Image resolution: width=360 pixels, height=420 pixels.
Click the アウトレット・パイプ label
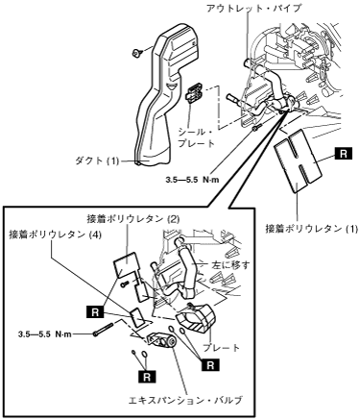[x=253, y=9]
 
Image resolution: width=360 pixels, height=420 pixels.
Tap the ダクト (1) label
[x=96, y=161]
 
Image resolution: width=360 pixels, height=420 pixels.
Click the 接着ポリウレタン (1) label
[x=311, y=229]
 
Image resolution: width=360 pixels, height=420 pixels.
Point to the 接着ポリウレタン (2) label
[x=133, y=219]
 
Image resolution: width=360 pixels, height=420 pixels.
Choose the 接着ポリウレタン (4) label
[x=55, y=235]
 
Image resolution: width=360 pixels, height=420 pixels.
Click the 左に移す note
[x=230, y=265]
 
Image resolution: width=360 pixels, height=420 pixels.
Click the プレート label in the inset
[x=221, y=347]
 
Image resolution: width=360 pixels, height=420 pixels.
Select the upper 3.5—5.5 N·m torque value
[x=192, y=180]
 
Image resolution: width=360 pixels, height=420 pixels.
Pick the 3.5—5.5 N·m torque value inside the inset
[x=45, y=334]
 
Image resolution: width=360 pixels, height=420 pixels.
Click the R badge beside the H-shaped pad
[x=343, y=154]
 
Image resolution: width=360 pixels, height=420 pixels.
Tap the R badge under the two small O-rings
[x=147, y=377]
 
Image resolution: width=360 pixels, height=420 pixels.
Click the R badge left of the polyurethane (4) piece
[x=95, y=312]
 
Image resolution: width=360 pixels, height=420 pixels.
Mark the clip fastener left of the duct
[x=137, y=52]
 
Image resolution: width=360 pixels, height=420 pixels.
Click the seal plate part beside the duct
[x=193, y=92]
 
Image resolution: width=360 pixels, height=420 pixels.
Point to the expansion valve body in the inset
[x=162, y=340]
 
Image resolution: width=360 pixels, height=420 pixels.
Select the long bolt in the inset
[x=104, y=330]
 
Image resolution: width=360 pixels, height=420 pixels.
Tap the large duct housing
[x=166, y=93]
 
